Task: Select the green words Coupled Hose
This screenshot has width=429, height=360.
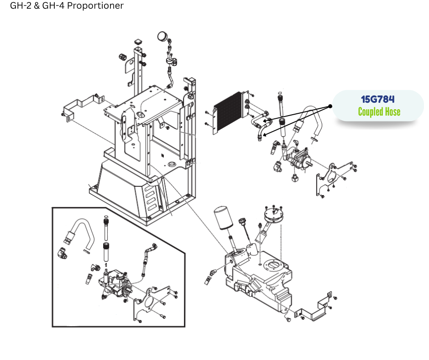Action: click(x=379, y=111)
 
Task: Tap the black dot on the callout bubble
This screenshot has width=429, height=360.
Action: click(x=330, y=106)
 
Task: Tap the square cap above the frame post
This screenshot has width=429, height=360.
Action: click(x=138, y=42)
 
